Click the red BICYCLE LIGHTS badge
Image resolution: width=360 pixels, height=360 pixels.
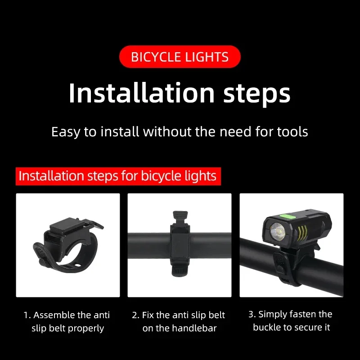pos(180,57)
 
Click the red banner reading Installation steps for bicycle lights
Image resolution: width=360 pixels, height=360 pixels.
pos(118,175)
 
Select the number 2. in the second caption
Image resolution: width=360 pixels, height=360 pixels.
pos(135,315)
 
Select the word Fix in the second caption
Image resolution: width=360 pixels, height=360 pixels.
pos(148,315)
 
